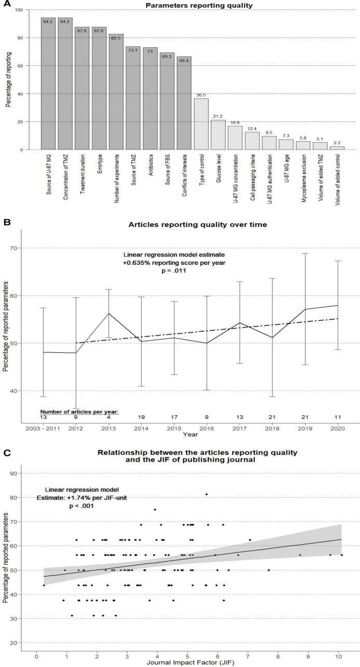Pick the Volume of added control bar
click(337, 148)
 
